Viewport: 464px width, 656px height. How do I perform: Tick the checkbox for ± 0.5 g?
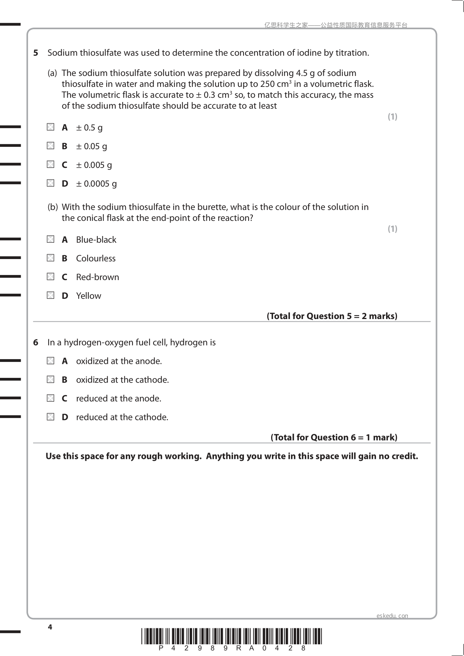pos(51,127)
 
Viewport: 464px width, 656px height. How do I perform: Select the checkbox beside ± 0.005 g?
pos(51,164)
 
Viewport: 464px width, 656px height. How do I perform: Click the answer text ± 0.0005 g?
pos(96,183)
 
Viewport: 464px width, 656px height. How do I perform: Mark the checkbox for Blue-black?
pos(51,239)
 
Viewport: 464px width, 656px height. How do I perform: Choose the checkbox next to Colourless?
pos(51,258)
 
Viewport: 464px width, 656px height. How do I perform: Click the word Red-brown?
pos(97,277)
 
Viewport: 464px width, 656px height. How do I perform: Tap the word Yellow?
pos(88,296)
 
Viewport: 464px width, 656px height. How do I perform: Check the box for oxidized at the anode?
pos(51,361)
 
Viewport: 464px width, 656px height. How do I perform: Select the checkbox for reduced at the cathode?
pos(51,417)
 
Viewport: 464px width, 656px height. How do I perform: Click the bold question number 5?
pos(36,53)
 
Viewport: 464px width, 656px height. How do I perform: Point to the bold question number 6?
pos(36,342)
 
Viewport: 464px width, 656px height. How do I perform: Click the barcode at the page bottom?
pos(232,637)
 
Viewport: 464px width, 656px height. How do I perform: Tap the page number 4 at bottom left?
pos(49,627)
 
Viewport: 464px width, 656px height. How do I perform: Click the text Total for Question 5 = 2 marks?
pos(332,316)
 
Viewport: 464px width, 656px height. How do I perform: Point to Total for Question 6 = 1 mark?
pos(334,437)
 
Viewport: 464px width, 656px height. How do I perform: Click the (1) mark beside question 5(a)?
pos(392,116)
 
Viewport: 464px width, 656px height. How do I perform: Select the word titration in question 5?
pos(352,53)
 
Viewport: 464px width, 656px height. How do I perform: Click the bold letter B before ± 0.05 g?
pos(65,146)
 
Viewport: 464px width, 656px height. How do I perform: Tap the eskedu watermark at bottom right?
pos(392,616)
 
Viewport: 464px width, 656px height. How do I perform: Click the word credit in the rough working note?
pos(405,456)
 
